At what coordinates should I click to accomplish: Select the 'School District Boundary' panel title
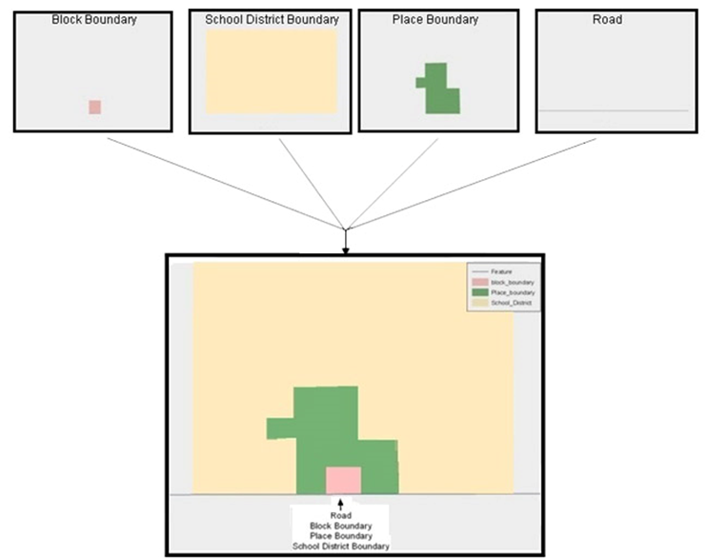[272, 19]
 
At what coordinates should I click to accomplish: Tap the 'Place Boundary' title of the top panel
[435, 19]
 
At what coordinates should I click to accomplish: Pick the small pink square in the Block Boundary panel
[94, 107]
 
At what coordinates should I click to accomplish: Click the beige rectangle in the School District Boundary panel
[272, 70]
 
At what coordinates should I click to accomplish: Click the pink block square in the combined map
[343, 480]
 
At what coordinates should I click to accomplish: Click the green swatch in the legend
[479, 292]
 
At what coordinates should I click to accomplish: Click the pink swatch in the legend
[479, 283]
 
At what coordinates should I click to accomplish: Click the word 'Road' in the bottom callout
[340, 515]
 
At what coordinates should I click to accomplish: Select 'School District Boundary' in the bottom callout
[340, 546]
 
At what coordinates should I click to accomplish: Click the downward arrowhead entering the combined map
[346, 249]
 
